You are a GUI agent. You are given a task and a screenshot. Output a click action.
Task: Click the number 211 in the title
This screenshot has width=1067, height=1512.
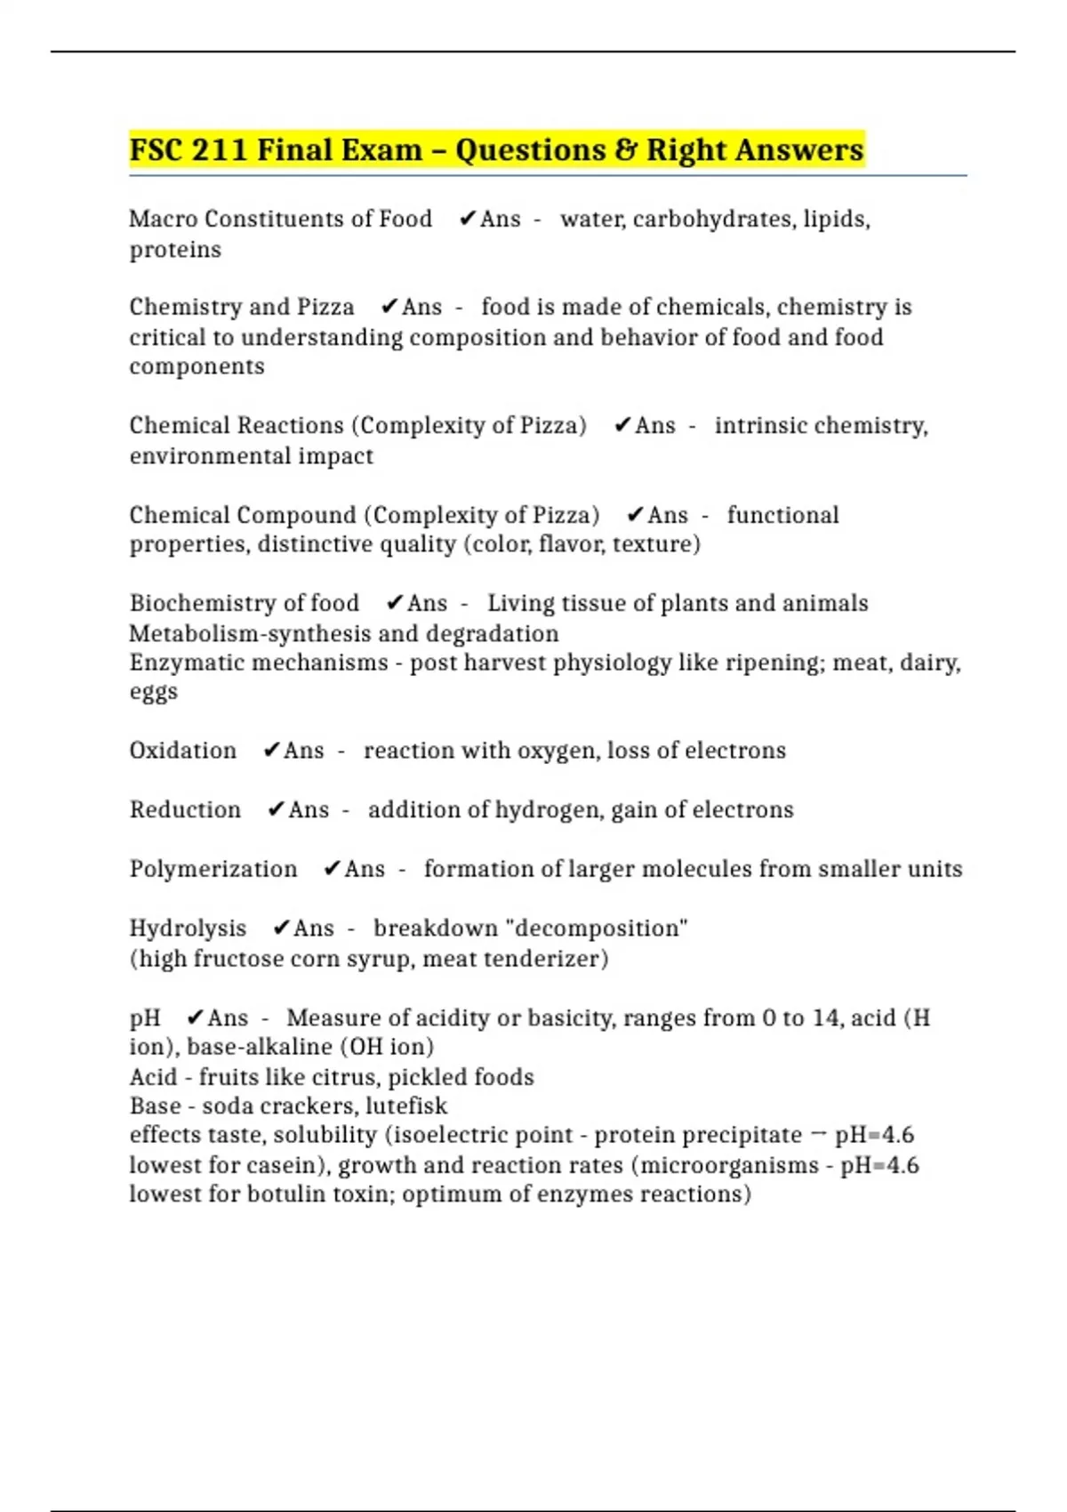coord(219,150)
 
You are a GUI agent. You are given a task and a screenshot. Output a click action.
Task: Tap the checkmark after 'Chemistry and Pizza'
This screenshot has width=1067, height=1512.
coord(389,307)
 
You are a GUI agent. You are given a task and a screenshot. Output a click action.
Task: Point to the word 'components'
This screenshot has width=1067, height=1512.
coord(197,366)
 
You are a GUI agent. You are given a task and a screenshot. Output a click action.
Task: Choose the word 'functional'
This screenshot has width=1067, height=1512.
coord(782,515)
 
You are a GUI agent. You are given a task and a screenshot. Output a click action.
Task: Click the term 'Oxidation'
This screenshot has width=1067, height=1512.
coord(183,751)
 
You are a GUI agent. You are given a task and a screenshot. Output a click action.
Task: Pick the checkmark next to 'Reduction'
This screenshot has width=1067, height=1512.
coord(276,809)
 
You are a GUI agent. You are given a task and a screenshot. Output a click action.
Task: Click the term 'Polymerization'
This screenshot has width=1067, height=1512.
coord(213,869)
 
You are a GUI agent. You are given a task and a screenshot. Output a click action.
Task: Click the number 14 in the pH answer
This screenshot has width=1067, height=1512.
coord(825,1017)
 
